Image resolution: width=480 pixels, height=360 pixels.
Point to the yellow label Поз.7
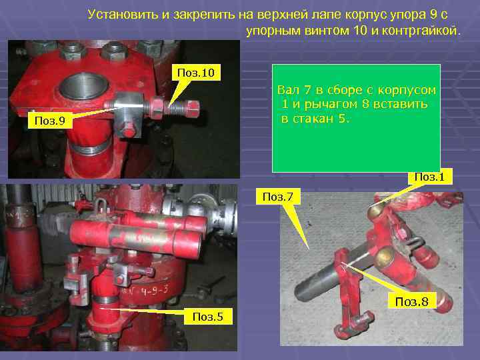tap(281, 197)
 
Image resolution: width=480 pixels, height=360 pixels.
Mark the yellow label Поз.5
tap(209, 317)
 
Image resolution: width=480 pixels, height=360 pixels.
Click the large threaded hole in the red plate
tap(81, 87)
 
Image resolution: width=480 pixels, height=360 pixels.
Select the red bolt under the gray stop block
tap(127, 130)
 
